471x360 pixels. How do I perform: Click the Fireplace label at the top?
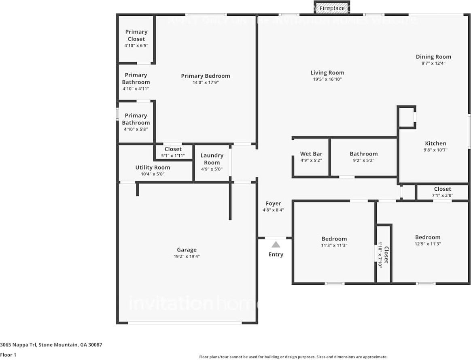[332, 8]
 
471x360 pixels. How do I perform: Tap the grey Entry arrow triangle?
[276, 245]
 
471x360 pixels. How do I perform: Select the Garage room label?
[187, 250]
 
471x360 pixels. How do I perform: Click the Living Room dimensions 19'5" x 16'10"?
[327, 79]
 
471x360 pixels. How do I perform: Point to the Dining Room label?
[433, 57]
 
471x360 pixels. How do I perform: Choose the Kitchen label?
[435, 143]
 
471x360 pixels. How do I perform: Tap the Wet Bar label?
[311, 154]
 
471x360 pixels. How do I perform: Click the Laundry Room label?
[212, 159]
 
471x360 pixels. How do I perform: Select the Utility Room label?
[153, 167]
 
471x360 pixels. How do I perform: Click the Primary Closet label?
[136, 35]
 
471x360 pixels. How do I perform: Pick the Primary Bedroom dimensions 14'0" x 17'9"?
[206, 83]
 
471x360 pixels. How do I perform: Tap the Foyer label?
[273, 204]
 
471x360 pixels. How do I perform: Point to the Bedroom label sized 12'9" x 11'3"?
[428, 237]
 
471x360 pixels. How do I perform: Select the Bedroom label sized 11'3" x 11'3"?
[334, 239]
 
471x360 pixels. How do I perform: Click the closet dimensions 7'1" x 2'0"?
[442, 196]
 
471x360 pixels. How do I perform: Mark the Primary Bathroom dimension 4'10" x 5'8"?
[136, 129]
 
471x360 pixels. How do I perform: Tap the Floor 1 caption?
[8, 355]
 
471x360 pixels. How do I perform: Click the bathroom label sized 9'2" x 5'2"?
[364, 154]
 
